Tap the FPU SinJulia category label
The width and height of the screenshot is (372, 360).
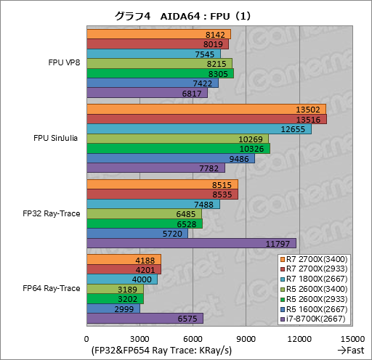coord(57,138)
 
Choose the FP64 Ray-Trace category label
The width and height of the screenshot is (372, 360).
coord(52,288)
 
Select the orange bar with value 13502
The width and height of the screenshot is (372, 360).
coord(206,109)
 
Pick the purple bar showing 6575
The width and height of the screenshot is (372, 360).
coord(145,318)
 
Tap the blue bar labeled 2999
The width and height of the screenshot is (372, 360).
coord(113,308)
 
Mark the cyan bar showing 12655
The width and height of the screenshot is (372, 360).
coord(198,128)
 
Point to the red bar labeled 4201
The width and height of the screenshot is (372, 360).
coord(124,269)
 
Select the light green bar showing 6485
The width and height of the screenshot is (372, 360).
coord(144,213)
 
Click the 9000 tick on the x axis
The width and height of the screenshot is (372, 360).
coord(246,339)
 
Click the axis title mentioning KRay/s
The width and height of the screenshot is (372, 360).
coord(161,351)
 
